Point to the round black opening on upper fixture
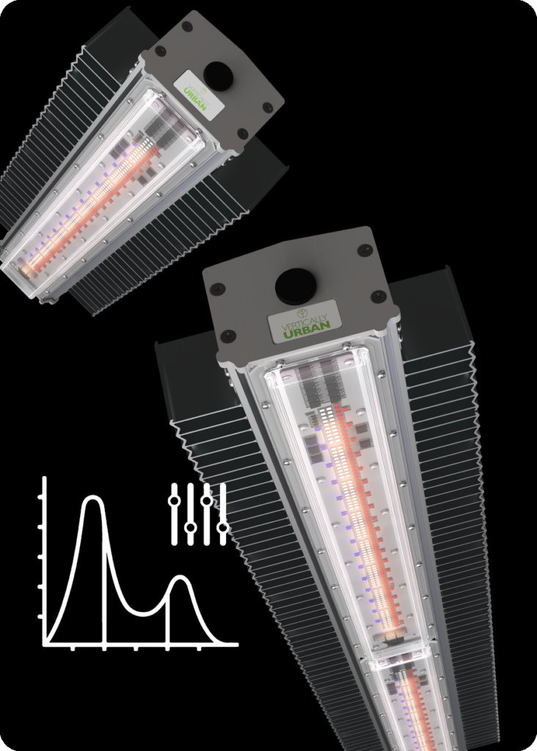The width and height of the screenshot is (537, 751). pos(217,73)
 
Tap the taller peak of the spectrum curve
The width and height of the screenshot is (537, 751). pos(92,498)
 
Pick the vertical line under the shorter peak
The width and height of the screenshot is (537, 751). pos(169,612)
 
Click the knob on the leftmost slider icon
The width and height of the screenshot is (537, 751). pos(174,501)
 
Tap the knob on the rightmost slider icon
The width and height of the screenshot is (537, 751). pos(223,527)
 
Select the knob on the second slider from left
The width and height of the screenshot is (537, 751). pos(191,527)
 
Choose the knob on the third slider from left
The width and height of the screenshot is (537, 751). pos(207,501)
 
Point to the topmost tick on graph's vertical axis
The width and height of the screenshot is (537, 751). pos(42,497)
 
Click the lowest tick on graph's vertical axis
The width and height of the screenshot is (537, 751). pos(42,617)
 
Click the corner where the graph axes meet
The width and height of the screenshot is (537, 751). pos(45,644)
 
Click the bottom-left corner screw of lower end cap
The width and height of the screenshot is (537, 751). pos(228,336)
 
